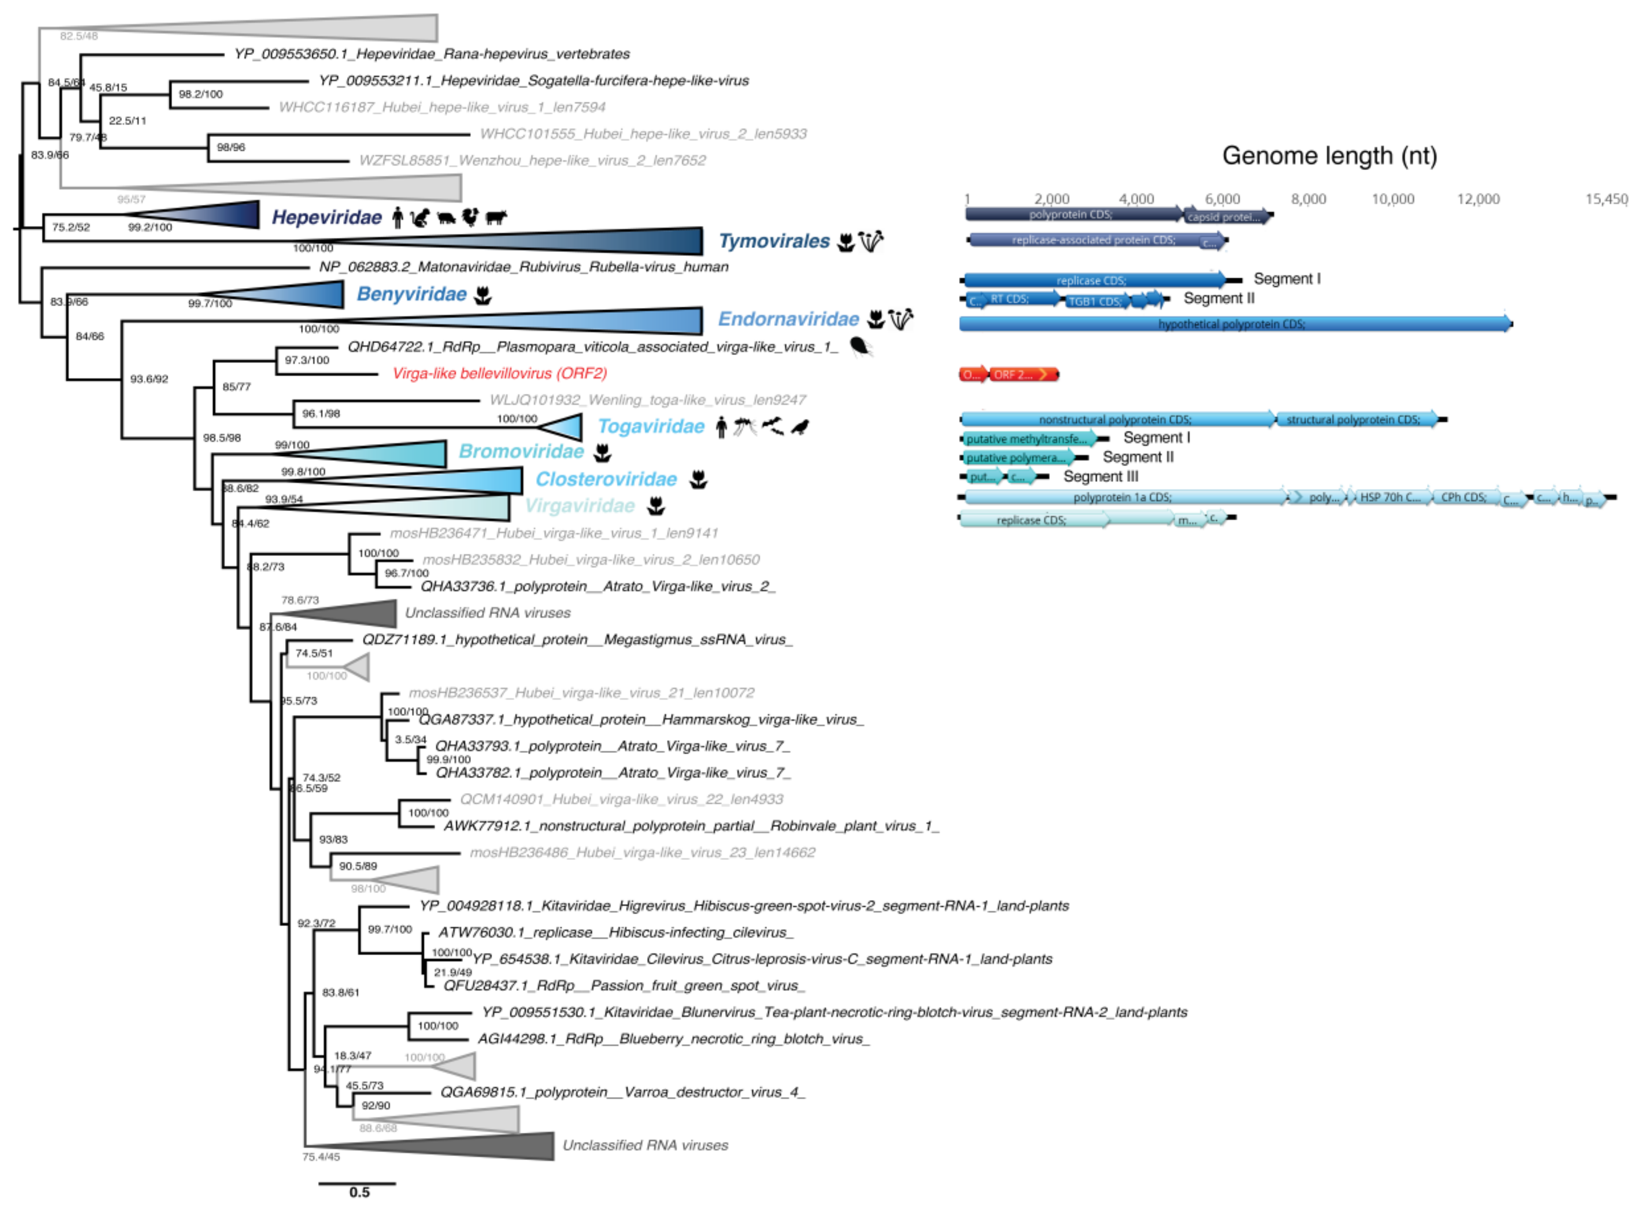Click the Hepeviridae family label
pyautogui.click(x=326, y=217)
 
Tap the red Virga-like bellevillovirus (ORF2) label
pyautogui.click(x=499, y=373)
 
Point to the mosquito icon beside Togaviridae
pyautogui.click(x=744, y=426)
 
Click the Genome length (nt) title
pyautogui.click(x=1329, y=156)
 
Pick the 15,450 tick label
pyautogui.click(x=1606, y=199)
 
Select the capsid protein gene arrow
pyautogui.click(x=1227, y=217)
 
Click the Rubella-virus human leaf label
pyautogui.click(x=524, y=267)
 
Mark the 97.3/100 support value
pyautogui.click(x=307, y=360)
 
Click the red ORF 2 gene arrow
pyautogui.click(x=1022, y=375)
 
